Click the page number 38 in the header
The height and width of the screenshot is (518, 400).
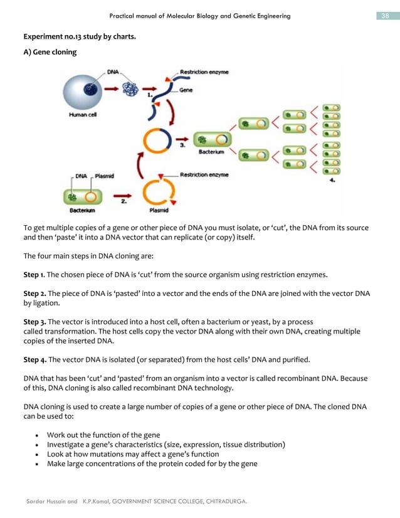385,16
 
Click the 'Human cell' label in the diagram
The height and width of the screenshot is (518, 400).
83,115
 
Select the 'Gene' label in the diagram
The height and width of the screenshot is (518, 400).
186,90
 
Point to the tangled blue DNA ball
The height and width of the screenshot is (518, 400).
130,90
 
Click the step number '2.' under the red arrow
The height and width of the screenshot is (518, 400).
124,203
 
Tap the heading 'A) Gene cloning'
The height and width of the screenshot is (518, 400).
50,52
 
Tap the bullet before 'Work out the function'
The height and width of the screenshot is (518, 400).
39,435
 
